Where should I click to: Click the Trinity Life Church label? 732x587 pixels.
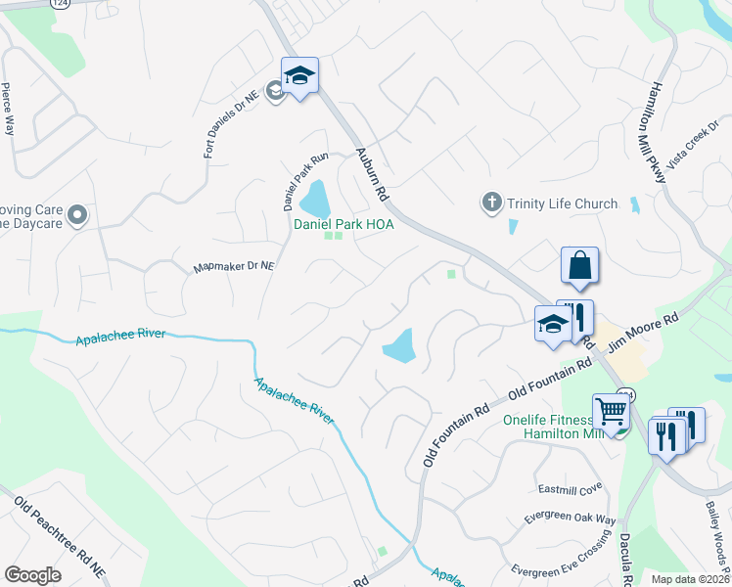pyautogui.click(x=562, y=203)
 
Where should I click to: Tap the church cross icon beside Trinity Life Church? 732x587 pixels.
pyautogui.click(x=491, y=203)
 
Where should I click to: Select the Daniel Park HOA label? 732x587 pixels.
pyautogui.click(x=343, y=224)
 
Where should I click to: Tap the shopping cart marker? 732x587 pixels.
pyautogui.click(x=612, y=413)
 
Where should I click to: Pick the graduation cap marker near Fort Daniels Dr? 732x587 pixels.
pyautogui.click(x=300, y=75)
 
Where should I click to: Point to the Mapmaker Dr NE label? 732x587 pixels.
pyautogui.click(x=234, y=265)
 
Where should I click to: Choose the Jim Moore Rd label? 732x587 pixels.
pyautogui.click(x=643, y=333)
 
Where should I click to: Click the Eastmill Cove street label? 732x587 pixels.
pyautogui.click(x=570, y=488)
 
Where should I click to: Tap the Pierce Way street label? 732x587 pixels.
pyautogui.click(x=7, y=108)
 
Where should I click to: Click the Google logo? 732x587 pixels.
pyautogui.click(x=33, y=574)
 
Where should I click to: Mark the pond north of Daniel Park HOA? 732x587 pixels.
pyautogui.click(x=315, y=200)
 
